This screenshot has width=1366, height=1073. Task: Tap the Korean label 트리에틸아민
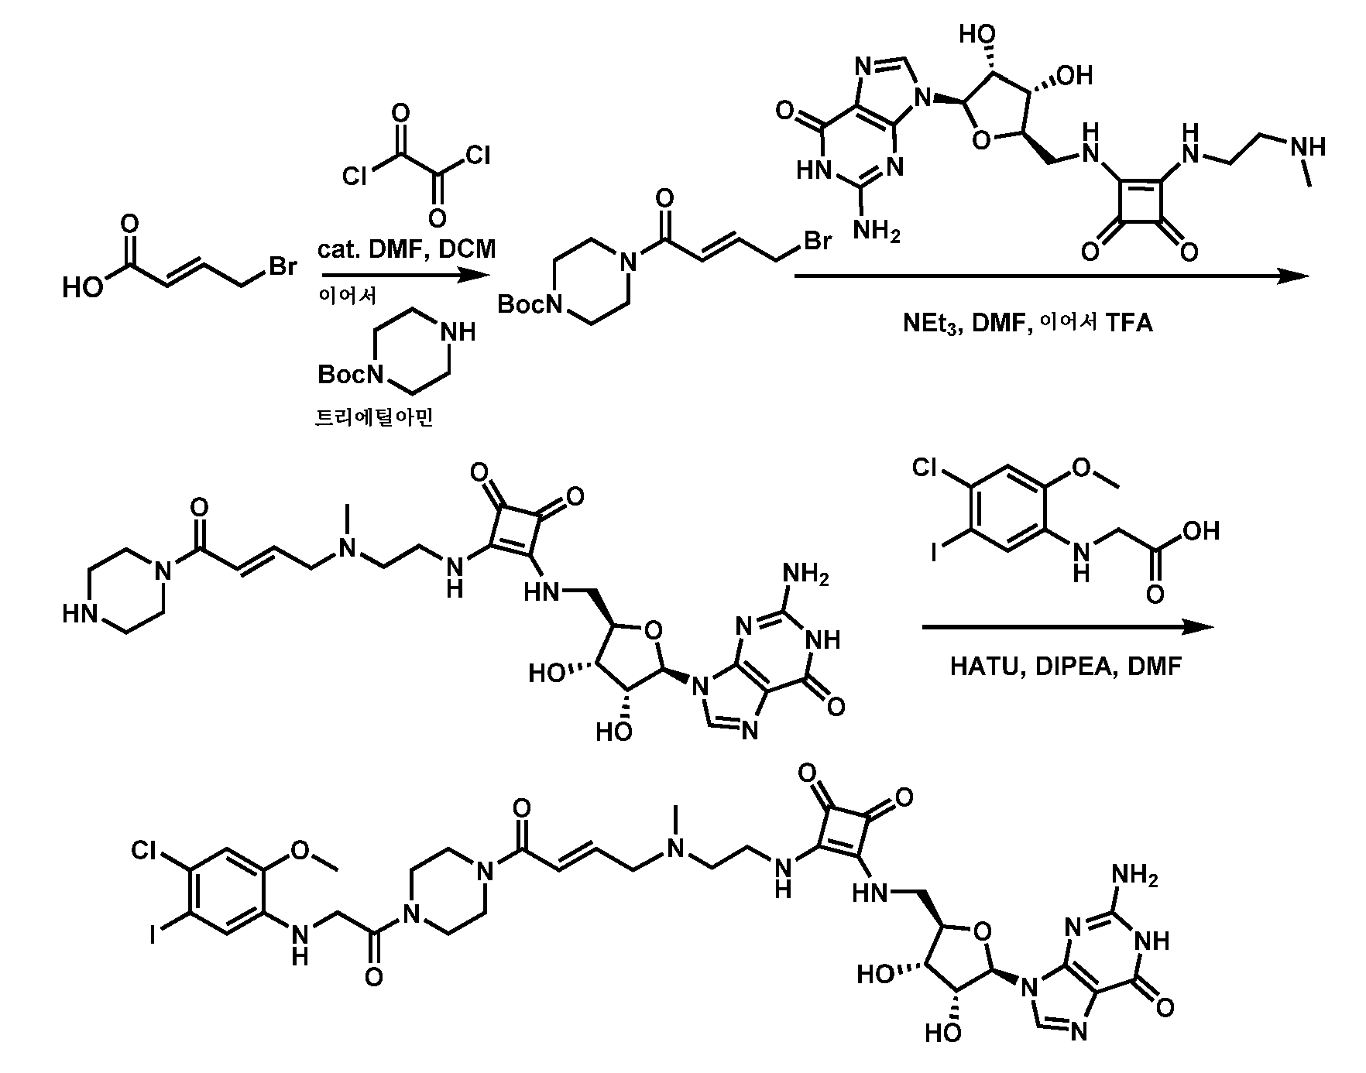tap(374, 418)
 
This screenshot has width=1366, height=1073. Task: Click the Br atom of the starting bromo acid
tap(283, 267)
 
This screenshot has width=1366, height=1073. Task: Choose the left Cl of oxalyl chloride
tap(355, 177)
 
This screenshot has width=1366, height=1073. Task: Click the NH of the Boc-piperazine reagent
tap(458, 332)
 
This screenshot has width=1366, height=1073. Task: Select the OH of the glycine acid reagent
tap(1200, 530)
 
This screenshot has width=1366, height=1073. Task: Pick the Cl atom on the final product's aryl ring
tap(145, 851)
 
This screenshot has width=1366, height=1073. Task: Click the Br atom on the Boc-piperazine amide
tap(818, 242)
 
